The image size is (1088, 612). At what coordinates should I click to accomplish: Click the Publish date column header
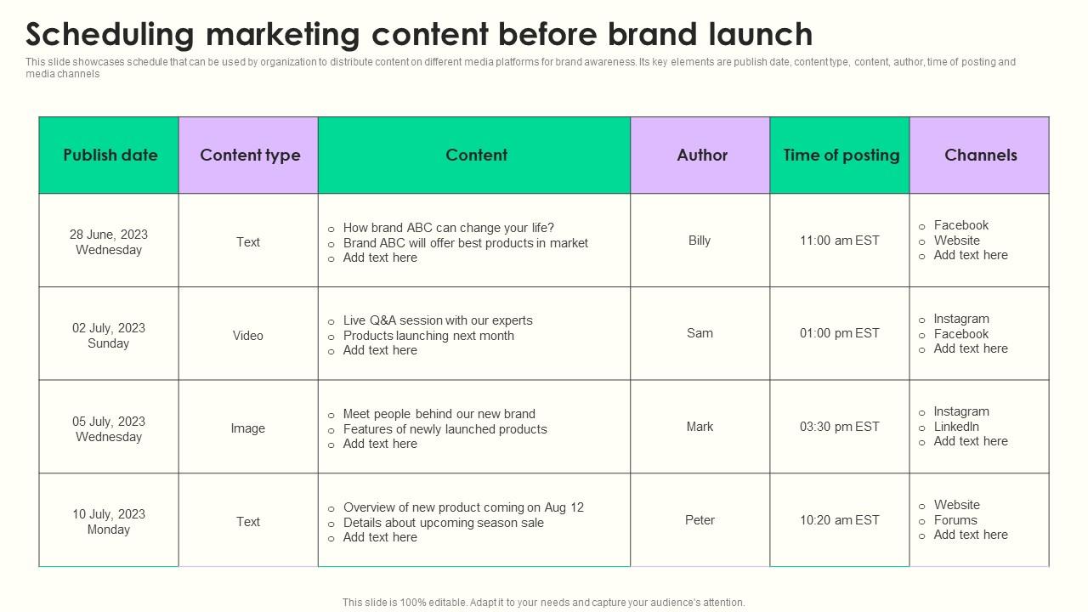tap(110, 155)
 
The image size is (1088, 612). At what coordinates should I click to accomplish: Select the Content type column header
tap(250, 155)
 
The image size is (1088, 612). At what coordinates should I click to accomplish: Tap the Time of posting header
tap(841, 155)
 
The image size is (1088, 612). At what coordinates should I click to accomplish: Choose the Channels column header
tap(980, 155)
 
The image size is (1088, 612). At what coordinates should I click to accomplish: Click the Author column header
tap(701, 155)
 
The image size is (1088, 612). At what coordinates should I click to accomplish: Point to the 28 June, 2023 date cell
tap(109, 241)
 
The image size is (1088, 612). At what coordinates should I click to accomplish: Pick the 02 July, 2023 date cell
tap(109, 335)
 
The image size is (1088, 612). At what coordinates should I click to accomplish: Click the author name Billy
tap(700, 241)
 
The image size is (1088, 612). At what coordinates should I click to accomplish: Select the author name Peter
tap(700, 520)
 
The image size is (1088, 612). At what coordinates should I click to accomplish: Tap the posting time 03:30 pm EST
tap(839, 427)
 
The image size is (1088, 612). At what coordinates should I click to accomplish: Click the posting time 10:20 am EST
tap(839, 520)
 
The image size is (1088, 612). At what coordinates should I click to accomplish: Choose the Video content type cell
tap(248, 336)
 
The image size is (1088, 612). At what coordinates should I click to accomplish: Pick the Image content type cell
tap(248, 428)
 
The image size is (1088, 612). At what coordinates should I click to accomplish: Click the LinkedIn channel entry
tap(956, 427)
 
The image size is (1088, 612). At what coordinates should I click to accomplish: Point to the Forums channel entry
tap(955, 520)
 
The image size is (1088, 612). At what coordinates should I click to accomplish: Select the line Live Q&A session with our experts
tap(438, 320)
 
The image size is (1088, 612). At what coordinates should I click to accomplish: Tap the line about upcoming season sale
tap(443, 523)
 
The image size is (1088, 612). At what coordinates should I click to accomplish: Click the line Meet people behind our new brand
tap(439, 414)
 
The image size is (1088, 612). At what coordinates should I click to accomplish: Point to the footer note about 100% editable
tap(543, 603)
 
